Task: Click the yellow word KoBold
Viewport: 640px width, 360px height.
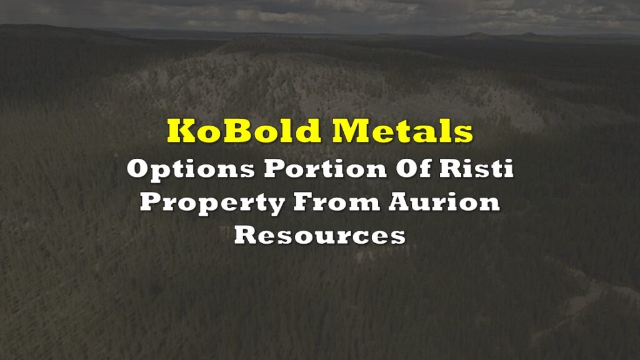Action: (x=244, y=131)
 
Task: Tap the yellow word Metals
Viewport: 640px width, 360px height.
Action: (x=402, y=131)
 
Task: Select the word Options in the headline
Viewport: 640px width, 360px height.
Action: (x=191, y=169)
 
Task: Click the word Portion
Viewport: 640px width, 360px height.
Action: (x=325, y=168)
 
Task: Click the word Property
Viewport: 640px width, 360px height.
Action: (x=212, y=203)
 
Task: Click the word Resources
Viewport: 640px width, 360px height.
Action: (x=319, y=236)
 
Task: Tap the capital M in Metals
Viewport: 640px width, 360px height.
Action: (x=351, y=131)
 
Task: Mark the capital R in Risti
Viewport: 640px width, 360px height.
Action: (x=451, y=168)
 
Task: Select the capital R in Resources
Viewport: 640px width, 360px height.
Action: (x=246, y=235)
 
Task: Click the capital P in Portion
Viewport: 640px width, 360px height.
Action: (x=275, y=168)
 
